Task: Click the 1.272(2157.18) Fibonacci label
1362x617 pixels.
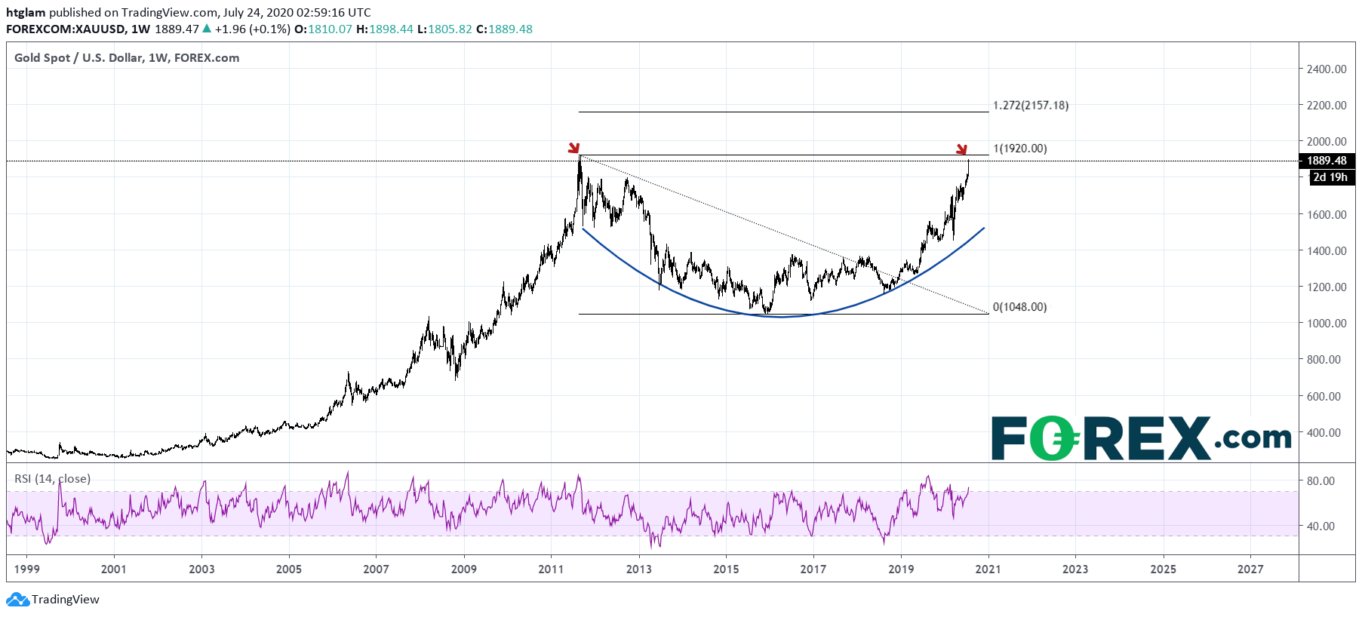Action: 1031,106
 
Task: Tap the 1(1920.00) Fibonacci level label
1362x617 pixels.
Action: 1020,149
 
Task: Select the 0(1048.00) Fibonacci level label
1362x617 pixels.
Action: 1020,307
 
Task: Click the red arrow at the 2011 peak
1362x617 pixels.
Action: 574,148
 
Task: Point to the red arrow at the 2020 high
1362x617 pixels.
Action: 961,149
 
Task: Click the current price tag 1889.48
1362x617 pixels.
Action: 1327,161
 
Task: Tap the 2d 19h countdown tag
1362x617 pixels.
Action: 1330,177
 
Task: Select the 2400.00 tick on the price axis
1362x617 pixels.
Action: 1327,69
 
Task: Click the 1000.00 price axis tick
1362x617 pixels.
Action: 1327,323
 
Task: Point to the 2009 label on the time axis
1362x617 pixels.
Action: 463,569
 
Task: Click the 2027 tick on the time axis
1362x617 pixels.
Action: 1250,569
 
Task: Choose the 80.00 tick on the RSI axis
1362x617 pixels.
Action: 1320,480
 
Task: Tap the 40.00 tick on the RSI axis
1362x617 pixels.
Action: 1320,526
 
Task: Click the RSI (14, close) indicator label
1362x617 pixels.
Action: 52,478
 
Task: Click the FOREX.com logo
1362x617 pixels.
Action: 1141,437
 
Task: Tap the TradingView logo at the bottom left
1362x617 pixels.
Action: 53,600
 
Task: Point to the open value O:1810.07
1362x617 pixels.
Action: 323,29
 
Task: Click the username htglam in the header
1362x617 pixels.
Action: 26,13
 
